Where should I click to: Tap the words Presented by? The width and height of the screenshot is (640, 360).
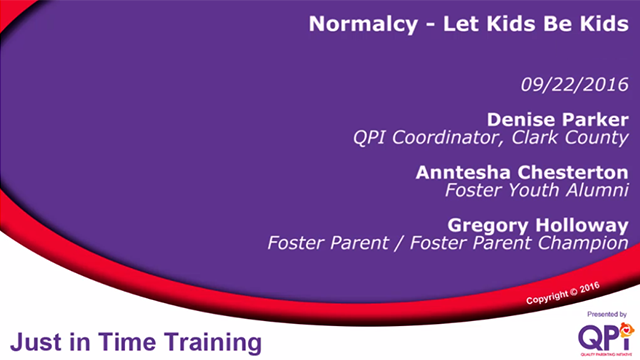pyautogui.click(x=607, y=313)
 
